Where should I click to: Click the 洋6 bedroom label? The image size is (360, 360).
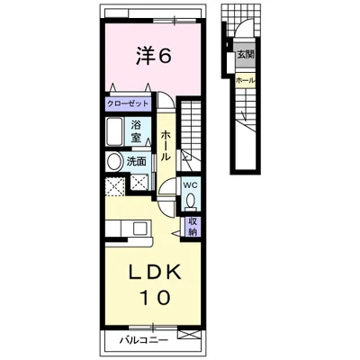(154, 56)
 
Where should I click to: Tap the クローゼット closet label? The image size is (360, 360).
(128, 104)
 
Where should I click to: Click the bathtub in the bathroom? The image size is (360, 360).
(114, 131)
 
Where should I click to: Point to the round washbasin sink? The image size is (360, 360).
(113, 162)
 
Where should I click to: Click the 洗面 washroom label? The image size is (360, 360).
(136, 162)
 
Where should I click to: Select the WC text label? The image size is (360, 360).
(191, 185)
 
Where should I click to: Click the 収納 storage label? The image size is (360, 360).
(193, 227)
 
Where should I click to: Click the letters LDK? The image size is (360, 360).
(155, 272)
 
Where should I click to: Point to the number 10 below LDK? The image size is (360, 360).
(156, 297)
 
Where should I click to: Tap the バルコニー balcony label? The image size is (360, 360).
(145, 340)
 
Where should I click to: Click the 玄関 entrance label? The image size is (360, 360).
(246, 55)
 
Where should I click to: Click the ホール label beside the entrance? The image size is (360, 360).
(245, 80)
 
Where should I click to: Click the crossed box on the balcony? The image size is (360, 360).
(189, 335)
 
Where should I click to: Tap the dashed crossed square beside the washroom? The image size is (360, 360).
(115, 186)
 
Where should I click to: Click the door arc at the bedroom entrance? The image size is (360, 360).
(166, 97)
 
